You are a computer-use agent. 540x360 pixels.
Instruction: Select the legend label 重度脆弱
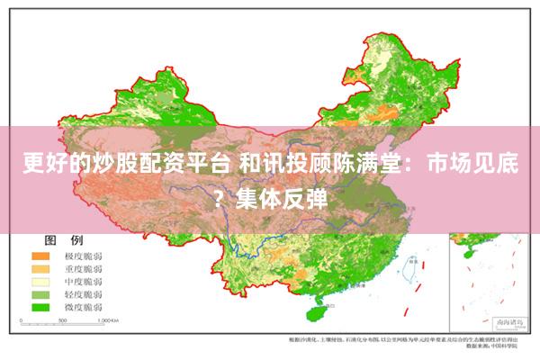82,269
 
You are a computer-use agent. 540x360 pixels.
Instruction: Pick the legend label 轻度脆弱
82,294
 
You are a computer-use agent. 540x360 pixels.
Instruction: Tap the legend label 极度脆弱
82,256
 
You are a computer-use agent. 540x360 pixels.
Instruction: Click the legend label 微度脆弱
82,307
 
